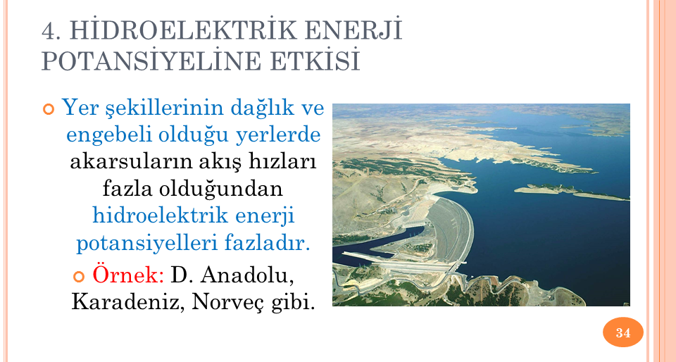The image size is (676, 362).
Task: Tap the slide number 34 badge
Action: coord(622,332)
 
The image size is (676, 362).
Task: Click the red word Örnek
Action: coord(128,274)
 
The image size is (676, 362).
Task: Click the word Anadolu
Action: coord(247,275)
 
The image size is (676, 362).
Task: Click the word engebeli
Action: coord(110,135)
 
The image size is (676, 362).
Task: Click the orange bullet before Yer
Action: coord(49,109)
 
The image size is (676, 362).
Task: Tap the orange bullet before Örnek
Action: coord(79,276)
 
